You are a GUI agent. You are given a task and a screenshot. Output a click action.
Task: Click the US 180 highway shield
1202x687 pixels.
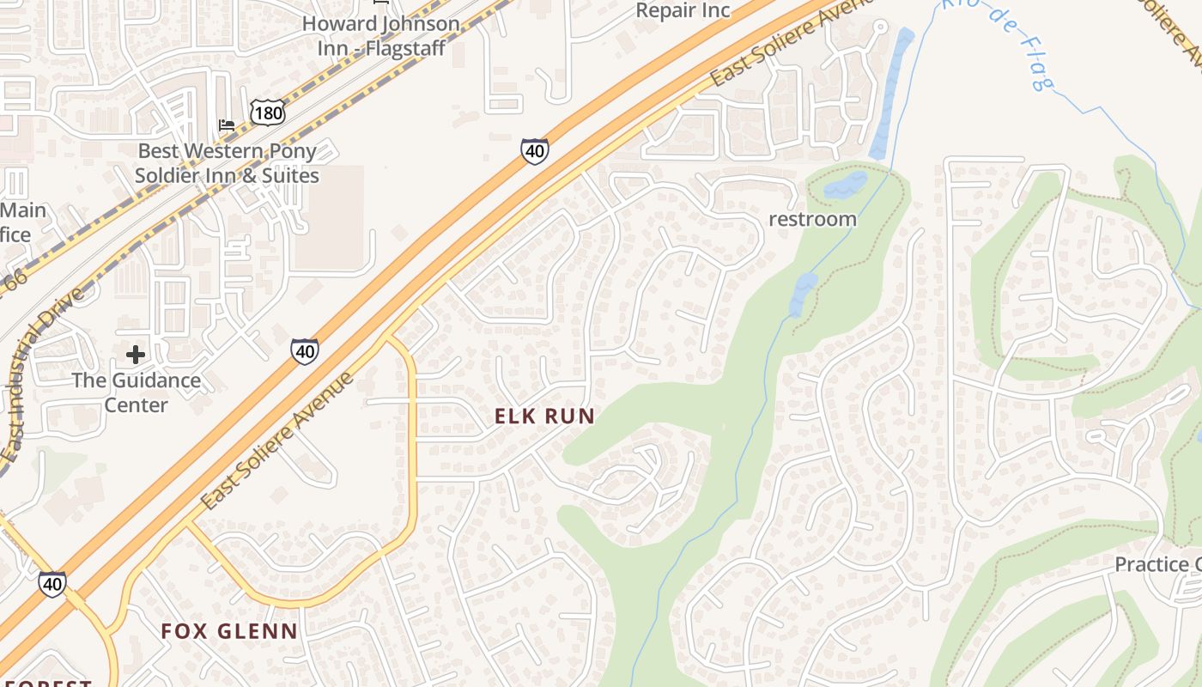tap(267, 112)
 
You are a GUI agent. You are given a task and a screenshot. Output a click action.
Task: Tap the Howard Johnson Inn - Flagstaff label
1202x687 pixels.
tap(381, 36)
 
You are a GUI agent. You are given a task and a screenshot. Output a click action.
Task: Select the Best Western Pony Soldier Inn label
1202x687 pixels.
tap(228, 163)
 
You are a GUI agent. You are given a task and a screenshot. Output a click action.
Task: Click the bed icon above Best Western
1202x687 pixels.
tap(227, 125)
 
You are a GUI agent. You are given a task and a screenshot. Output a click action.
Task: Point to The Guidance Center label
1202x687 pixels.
tap(136, 392)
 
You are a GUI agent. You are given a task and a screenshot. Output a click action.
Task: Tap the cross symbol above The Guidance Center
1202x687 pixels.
tap(135, 354)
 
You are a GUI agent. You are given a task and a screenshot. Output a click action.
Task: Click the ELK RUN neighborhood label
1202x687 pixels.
tap(544, 416)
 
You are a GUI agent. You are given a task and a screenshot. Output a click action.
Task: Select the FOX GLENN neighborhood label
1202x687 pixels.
tap(229, 631)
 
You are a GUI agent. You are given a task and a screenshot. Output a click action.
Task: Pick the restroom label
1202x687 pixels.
tap(812, 219)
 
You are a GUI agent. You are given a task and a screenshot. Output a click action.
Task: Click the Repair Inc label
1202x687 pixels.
tap(683, 10)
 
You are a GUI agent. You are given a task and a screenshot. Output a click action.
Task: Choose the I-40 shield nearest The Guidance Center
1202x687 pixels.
tap(305, 350)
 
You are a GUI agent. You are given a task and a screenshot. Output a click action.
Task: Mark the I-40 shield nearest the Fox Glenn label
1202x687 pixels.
tap(52, 584)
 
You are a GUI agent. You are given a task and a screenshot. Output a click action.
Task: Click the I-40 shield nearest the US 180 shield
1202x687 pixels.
tap(534, 151)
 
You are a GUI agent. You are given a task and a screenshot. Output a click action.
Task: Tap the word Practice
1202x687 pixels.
tap(1150, 564)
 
